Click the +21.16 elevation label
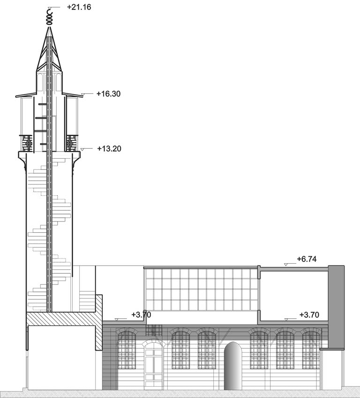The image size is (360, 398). point(79,7)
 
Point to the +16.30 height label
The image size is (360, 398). point(108,94)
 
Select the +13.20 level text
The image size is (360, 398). point(109,148)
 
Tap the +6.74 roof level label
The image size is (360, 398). point(307,259)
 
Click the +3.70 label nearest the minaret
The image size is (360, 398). point(141,314)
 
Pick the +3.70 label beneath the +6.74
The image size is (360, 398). point(309,314)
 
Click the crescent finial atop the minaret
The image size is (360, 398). point(49,16)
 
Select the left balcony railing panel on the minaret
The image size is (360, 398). point(26,143)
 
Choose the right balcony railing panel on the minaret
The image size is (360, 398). point(72,143)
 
